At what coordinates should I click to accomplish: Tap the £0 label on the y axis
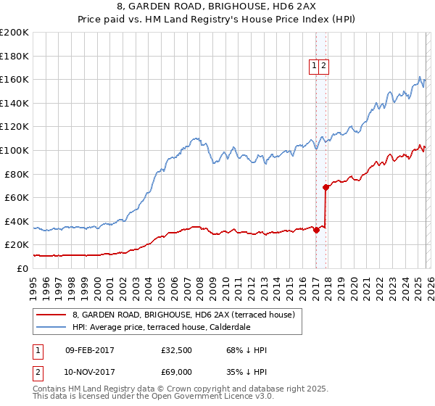click(22, 268)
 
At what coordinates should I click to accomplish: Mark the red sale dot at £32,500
click(316, 230)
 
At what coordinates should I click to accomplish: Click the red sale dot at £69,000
click(326, 187)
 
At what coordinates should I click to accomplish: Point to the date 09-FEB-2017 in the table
click(89, 350)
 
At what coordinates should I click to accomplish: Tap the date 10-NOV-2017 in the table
click(89, 372)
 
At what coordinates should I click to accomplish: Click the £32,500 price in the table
click(176, 350)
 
